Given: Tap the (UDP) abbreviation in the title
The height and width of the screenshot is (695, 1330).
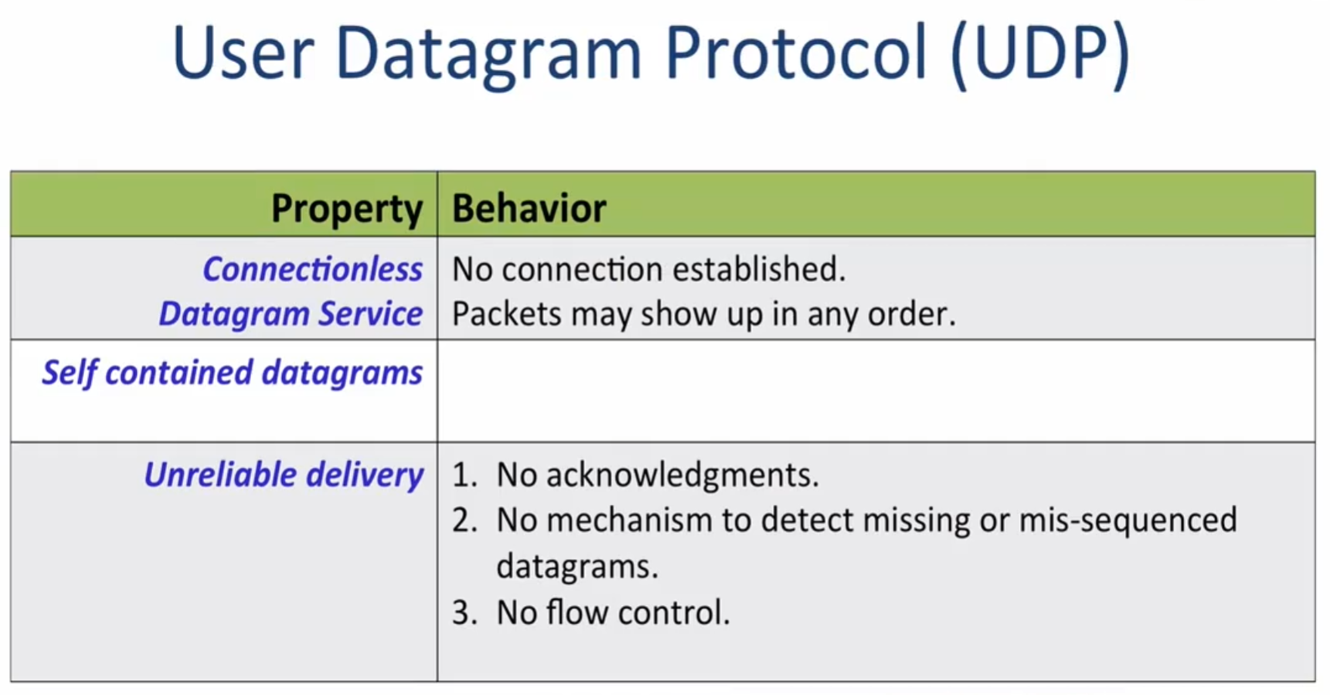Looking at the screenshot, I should (1039, 55).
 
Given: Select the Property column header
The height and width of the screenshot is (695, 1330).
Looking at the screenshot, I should (347, 208).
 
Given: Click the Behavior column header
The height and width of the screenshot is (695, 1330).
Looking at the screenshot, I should (529, 208).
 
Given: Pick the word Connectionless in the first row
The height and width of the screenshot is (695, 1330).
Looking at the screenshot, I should (312, 269).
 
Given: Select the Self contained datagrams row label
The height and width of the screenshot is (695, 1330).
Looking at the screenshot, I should (232, 373).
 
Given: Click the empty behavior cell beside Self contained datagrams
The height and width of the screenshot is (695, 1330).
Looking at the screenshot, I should (875, 391).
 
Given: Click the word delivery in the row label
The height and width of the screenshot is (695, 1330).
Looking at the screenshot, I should (365, 475).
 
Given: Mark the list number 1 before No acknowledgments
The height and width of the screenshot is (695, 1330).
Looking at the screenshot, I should (463, 475).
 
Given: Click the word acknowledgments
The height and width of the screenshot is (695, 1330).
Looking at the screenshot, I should (682, 475).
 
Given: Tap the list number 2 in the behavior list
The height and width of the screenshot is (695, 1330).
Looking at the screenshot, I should (464, 520).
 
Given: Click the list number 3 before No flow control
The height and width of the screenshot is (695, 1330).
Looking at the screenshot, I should (464, 612).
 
